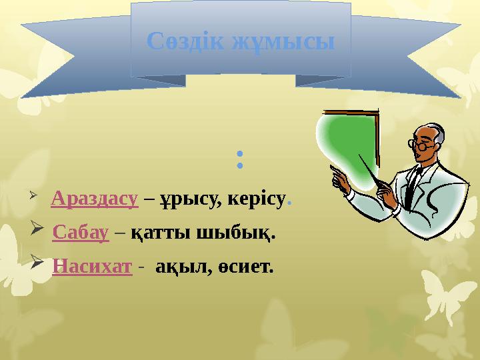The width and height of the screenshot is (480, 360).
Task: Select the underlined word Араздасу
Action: (x=94, y=198)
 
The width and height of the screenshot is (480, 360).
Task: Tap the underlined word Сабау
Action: (x=80, y=233)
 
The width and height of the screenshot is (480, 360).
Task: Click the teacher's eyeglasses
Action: (x=419, y=144)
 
